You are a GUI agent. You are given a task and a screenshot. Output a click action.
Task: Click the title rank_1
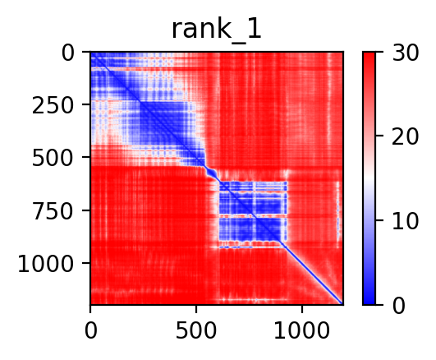[217, 30]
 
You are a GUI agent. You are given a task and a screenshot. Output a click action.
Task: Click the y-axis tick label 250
[53, 106]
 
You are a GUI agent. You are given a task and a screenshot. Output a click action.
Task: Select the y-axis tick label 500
[53, 159]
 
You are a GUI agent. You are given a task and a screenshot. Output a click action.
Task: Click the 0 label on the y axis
[67, 53]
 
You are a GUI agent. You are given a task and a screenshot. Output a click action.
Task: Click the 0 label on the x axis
[90, 330]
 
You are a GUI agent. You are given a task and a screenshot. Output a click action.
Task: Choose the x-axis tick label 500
[196, 330]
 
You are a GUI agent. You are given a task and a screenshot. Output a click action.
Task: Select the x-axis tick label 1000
[302, 330]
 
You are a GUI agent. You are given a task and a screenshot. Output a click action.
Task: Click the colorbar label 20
[405, 137]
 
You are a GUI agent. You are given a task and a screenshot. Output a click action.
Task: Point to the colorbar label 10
[405, 221]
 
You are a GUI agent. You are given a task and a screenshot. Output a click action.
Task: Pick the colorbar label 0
[399, 306]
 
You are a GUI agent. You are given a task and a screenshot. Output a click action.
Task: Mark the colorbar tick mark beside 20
[379, 136]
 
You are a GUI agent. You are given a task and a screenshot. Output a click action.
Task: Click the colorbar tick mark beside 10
[379, 220]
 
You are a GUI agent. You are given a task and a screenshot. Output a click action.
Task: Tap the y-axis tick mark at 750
[86, 210]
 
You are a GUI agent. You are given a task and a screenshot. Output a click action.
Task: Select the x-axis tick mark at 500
[196, 309]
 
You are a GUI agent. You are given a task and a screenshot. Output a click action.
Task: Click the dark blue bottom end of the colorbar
[369, 301]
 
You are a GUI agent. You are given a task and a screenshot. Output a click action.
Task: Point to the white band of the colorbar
[369, 177]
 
